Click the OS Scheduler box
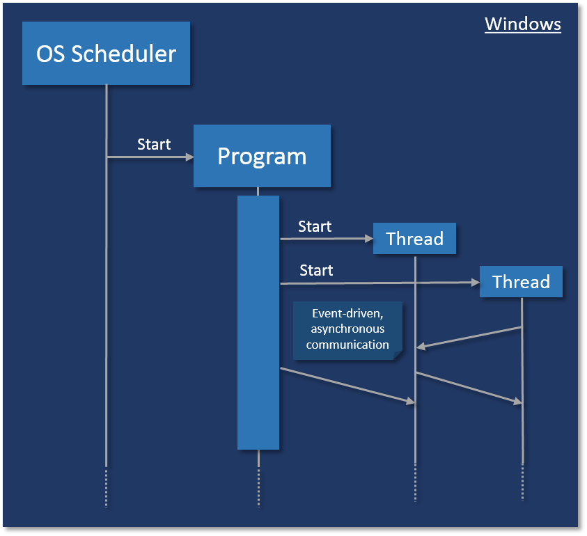tap(106, 53)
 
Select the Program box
tap(262, 156)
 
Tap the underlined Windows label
tap(522, 24)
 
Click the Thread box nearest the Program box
tap(414, 239)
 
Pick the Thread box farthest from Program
tap(521, 282)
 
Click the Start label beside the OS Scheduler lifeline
tap(154, 144)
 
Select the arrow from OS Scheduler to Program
tap(149, 157)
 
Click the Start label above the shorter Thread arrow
tap(315, 226)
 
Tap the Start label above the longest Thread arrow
tap(316, 270)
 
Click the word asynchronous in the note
tap(347, 328)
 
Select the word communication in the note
tap(347, 344)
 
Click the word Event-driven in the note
tap(347, 313)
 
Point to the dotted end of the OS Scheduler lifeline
tap(106, 487)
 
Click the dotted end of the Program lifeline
tap(258, 487)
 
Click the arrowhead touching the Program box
tap(189, 157)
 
